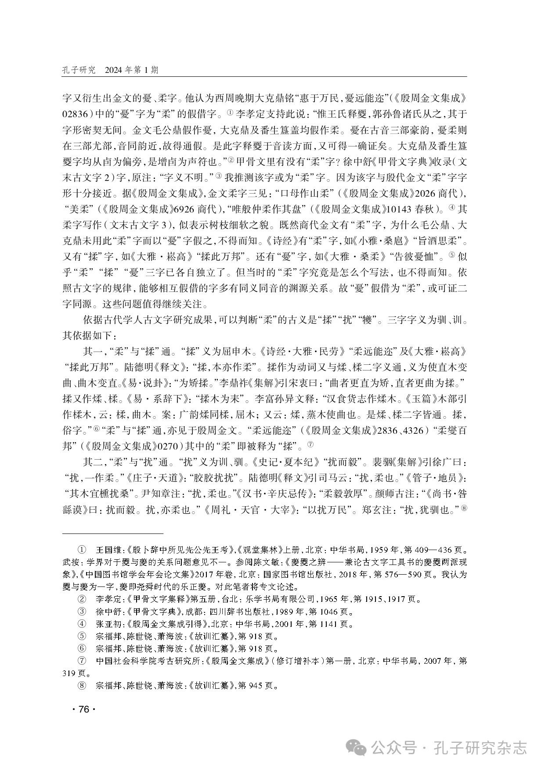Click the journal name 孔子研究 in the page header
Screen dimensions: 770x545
coord(79,70)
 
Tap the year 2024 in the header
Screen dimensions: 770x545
coord(115,70)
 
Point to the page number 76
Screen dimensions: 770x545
coord(83,710)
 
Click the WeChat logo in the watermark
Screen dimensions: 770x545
coord(357,747)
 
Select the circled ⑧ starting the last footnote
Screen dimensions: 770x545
coord(82,685)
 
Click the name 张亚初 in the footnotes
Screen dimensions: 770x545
coord(106,623)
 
